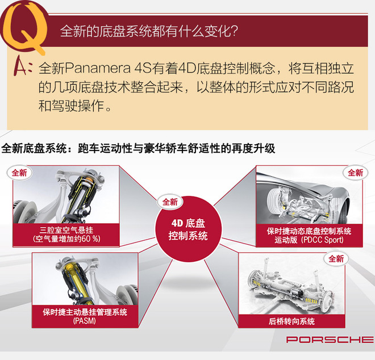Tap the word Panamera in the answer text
pyautogui.click(x=97, y=68)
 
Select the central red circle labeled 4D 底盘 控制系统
pyautogui.click(x=189, y=229)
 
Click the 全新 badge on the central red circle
pyautogui.click(x=170, y=202)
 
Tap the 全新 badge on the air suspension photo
pyautogui.click(x=20, y=173)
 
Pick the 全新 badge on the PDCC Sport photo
pyautogui.click(x=355, y=173)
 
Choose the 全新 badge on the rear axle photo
pyautogui.click(x=336, y=259)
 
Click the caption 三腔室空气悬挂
pyautogui.click(x=66, y=230)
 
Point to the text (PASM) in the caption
pyautogui.click(x=85, y=321)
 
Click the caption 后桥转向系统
pyautogui.click(x=291, y=321)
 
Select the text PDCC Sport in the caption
pyautogui.click(x=322, y=240)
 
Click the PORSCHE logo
pyautogui.click(x=330, y=340)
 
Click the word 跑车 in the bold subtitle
pyautogui.click(x=89, y=148)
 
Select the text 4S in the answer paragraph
pyautogui.click(x=143, y=68)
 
